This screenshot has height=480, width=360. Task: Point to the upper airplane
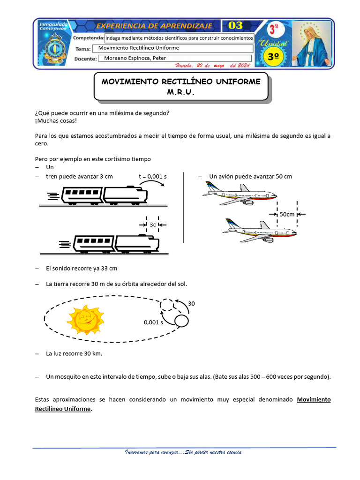pyautogui.click(x=239, y=194)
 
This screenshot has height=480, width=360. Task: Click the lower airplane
pyautogui.click(x=260, y=231)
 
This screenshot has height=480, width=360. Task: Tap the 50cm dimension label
pyautogui.click(x=287, y=214)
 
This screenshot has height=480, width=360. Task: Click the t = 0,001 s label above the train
pyautogui.click(x=153, y=176)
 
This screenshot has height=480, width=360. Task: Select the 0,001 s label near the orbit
pyautogui.click(x=153, y=322)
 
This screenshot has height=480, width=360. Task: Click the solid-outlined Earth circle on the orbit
pyautogui.click(x=181, y=321)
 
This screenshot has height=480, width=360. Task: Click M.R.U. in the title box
pyautogui.click(x=180, y=92)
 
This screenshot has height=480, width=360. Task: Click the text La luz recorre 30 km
pyautogui.click(x=74, y=353)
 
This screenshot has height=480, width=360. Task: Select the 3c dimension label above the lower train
pyautogui.click(x=153, y=225)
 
